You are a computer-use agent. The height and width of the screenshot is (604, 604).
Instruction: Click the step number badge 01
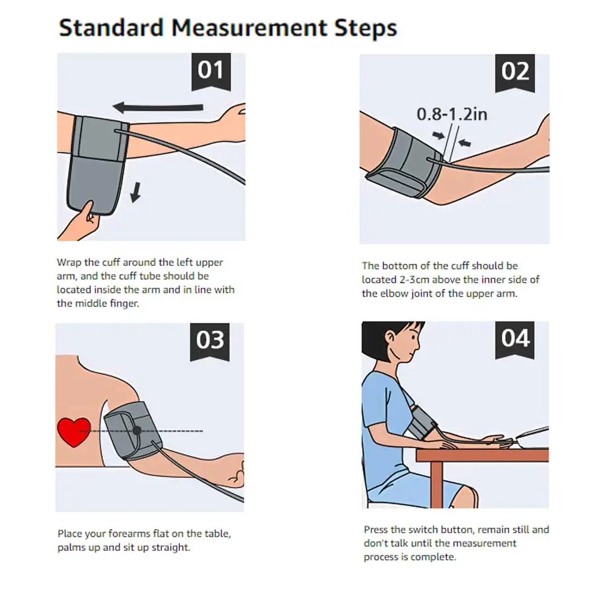coord(211,71)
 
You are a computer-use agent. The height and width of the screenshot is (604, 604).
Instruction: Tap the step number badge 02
coord(515,71)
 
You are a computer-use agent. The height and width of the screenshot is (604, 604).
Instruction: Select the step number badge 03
coord(210,339)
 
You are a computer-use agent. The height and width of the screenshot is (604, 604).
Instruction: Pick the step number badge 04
coord(515,338)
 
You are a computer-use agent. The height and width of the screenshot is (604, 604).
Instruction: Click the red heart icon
coord(74,431)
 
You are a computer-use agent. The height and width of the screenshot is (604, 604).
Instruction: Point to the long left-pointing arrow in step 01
coord(158,108)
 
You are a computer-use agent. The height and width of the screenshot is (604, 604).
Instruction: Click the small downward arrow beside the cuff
coord(136,193)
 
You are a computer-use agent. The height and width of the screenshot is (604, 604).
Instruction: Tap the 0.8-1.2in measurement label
coord(452,114)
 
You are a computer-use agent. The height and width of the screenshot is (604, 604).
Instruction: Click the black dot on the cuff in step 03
coord(137,431)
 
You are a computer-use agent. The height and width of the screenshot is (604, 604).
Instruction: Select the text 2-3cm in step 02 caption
coord(414,280)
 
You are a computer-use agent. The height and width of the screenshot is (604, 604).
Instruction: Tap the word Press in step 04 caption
coord(376,530)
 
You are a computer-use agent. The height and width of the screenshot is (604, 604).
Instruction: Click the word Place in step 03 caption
coord(71,534)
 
